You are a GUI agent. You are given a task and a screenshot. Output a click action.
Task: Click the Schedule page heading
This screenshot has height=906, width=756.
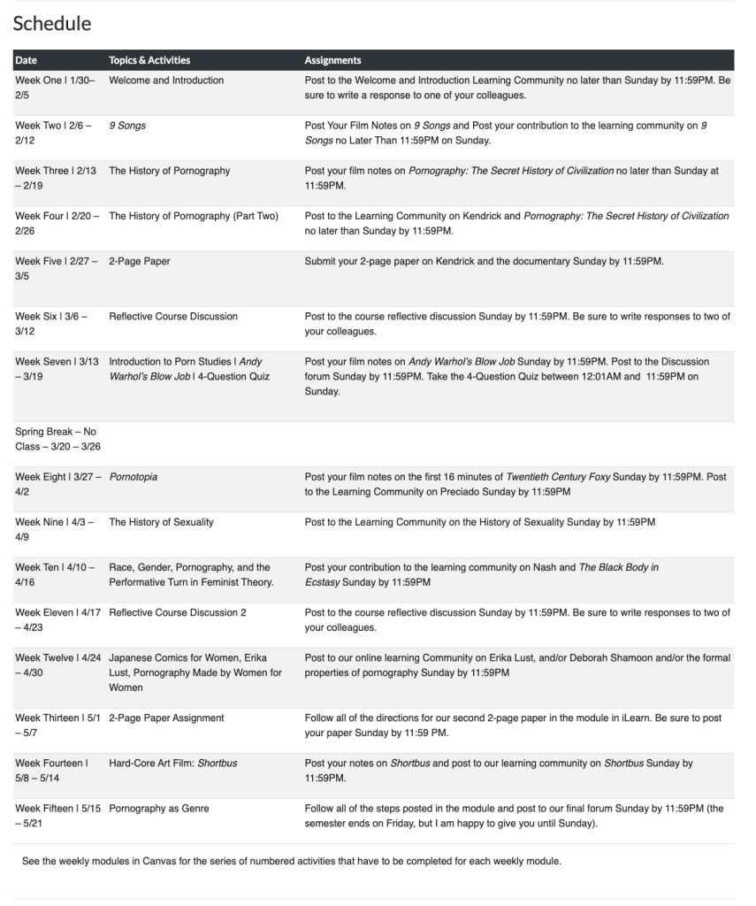[52, 24]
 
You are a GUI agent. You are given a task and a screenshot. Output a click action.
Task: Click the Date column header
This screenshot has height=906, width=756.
[27, 60]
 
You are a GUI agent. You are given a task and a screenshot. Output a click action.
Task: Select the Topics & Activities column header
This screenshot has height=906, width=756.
[149, 60]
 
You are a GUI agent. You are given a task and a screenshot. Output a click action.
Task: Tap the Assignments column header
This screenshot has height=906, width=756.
[332, 60]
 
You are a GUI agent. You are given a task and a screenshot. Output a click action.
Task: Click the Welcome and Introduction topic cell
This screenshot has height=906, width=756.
[166, 81]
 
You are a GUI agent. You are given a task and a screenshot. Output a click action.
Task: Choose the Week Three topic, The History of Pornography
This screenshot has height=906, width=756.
[169, 171]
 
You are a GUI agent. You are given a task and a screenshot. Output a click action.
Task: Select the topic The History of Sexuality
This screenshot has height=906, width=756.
[161, 522]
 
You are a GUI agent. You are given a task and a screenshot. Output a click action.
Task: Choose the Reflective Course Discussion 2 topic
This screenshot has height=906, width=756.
[178, 612]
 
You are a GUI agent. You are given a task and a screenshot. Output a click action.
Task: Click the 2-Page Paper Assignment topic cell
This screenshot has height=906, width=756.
[166, 718]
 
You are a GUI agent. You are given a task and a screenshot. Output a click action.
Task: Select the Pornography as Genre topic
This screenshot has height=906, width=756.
[159, 808]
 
